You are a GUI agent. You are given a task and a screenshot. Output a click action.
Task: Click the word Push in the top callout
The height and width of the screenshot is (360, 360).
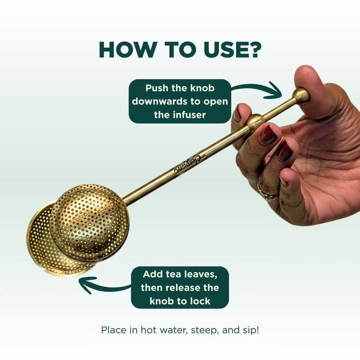157,88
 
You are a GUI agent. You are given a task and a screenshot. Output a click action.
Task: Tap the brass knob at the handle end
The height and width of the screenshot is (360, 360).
301,96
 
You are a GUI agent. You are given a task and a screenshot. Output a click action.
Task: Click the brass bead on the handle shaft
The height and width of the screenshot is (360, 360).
255,122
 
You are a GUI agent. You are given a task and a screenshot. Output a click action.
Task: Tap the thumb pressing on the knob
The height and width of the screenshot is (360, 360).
311,85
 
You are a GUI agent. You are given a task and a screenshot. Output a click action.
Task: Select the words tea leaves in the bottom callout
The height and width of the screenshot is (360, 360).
193,274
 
